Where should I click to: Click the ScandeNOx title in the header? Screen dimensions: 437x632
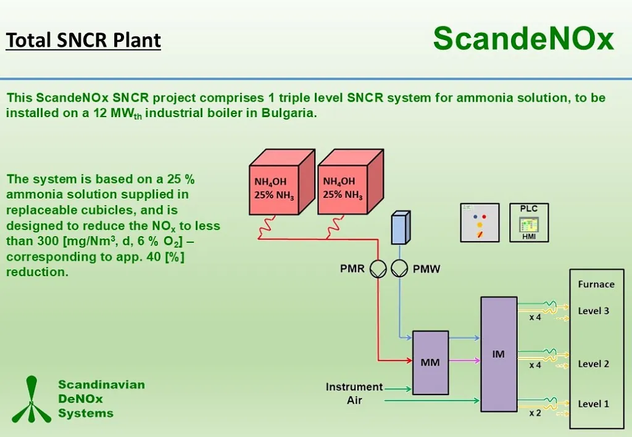point(523,39)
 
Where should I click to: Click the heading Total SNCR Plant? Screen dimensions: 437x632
point(83,41)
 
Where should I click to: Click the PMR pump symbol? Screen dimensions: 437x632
point(378,269)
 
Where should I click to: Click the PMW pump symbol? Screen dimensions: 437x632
point(400,269)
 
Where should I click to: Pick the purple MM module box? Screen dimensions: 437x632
point(430,362)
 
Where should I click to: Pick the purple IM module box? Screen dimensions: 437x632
point(499,354)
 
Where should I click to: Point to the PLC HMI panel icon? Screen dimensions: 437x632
point(529,223)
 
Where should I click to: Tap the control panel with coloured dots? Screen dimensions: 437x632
point(480,223)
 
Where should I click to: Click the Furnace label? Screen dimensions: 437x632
point(596,284)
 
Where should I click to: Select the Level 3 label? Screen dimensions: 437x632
point(593,311)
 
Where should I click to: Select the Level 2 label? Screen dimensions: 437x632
point(593,364)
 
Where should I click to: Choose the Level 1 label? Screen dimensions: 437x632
point(593,404)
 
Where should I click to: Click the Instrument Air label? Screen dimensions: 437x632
point(354,393)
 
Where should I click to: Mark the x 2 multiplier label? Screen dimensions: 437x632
point(535,413)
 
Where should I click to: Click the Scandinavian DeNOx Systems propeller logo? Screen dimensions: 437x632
point(30,399)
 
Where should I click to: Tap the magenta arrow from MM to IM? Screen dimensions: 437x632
point(464,361)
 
